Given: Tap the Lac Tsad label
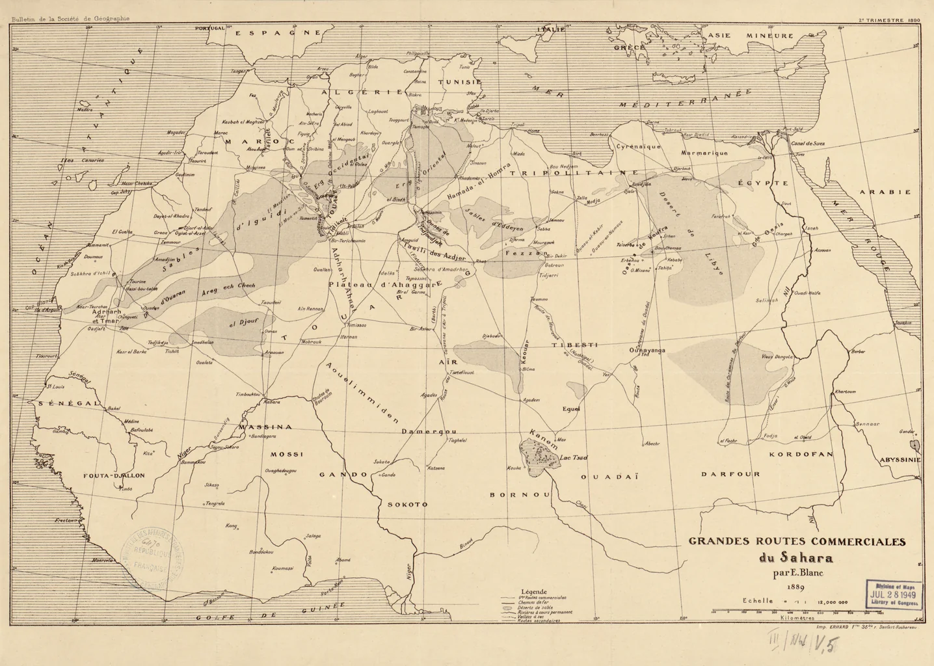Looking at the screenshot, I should click(x=573, y=458).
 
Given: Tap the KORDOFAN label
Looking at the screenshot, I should click(x=801, y=455).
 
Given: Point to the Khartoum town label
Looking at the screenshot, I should click(x=845, y=392).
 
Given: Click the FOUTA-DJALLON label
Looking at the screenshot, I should click(x=114, y=475).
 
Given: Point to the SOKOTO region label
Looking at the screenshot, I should click(x=407, y=504).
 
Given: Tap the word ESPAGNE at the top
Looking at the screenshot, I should click(x=278, y=33).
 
